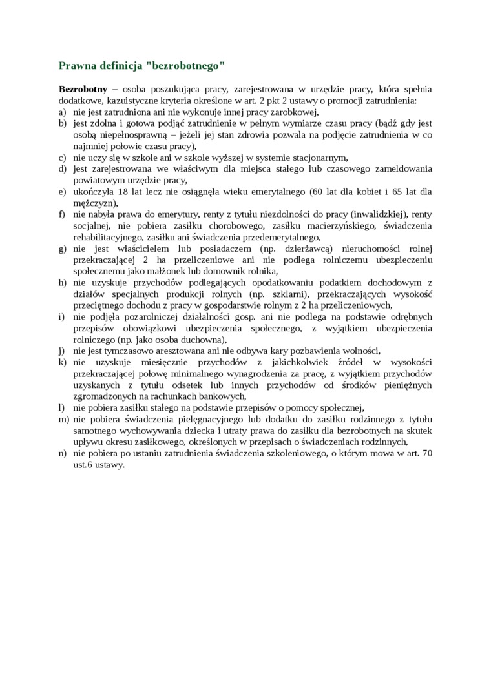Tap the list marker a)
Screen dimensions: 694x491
coord(63,112)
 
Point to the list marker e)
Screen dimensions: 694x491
coord(63,192)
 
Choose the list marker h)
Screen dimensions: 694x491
coord(63,282)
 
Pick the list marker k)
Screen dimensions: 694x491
coord(63,362)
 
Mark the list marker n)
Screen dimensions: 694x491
coord(63,453)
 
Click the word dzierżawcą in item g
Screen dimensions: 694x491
coord(302,249)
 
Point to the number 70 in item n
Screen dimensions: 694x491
coord(426,453)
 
